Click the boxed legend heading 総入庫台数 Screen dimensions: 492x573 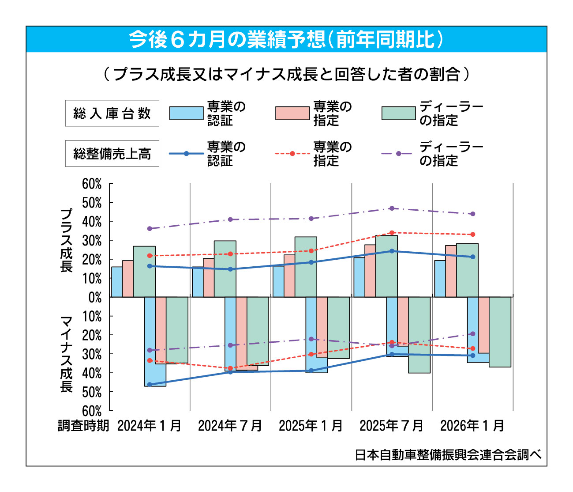pyautogui.click(x=112, y=114)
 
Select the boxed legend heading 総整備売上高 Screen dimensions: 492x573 pyautogui.click(x=112, y=154)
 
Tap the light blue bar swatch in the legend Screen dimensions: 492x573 pyautogui.click(x=186, y=114)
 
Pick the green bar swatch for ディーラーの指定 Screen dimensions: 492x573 pyautogui.click(x=398, y=114)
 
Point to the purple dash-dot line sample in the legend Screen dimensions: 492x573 pyautogui.click(x=398, y=154)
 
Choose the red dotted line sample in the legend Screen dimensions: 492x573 pyautogui.click(x=292, y=154)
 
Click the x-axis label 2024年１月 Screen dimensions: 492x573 pyautogui.click(x=150, y=426)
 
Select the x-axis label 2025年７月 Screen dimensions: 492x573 pyautogui.click(x=391, y=426)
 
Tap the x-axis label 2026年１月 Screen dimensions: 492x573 pyautogui.click(x=472, y=426)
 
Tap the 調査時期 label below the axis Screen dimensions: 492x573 pyautogui.click(x=83, y=426)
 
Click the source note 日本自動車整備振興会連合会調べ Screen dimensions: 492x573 pyautogui.click(x=448, y=455)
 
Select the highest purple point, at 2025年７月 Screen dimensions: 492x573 pyautogui.click(x=392, y=208)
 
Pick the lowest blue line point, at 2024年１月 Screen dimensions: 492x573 pyautogui.click(x=150, y=384)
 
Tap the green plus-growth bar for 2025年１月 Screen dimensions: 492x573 pyautogui.click(x=306, y=267)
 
